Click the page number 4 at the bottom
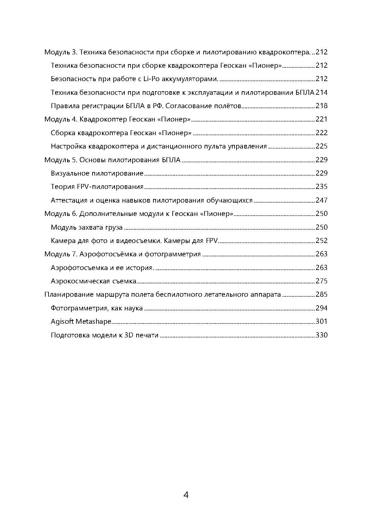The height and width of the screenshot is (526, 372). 186,495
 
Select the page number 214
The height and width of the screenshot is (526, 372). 322,92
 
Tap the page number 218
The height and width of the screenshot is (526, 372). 322,106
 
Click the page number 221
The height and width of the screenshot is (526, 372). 322,119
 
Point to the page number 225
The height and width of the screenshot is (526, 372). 322,146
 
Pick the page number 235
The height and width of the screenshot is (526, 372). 322,187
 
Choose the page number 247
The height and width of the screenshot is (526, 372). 322,200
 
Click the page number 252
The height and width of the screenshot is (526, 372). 322,241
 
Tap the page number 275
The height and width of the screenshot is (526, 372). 322,281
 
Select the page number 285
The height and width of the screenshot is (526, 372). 322,294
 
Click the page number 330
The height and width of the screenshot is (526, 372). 322,335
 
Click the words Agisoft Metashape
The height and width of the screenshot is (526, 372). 81,321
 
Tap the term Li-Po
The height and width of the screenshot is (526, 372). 150,79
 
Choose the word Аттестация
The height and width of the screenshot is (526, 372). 68,200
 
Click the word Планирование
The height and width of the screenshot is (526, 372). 69,294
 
